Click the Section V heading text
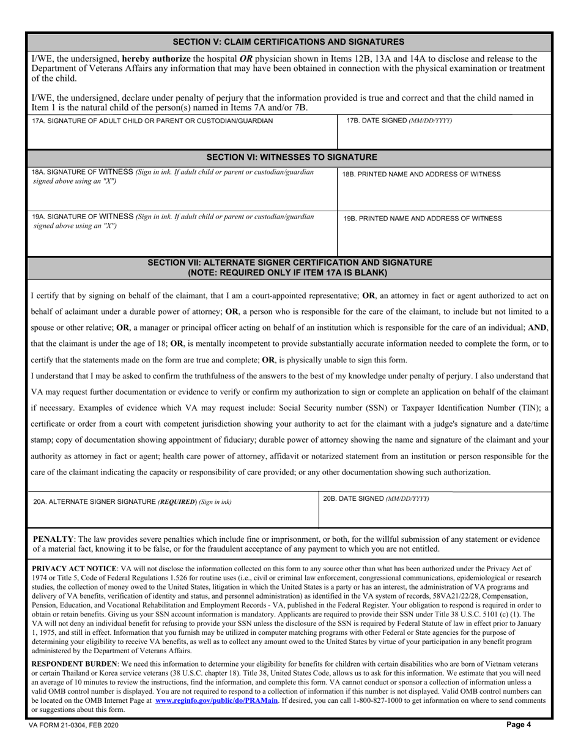click(x=289, y=42)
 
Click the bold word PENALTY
click(x=53, y=539)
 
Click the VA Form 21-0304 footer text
click(x=74, y=725)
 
